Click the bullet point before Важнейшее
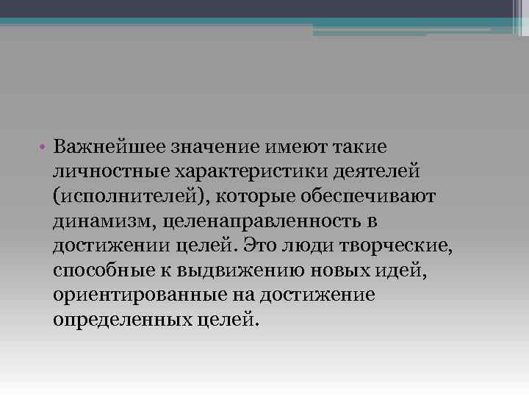coord(45,146)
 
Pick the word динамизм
coord(104,221)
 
